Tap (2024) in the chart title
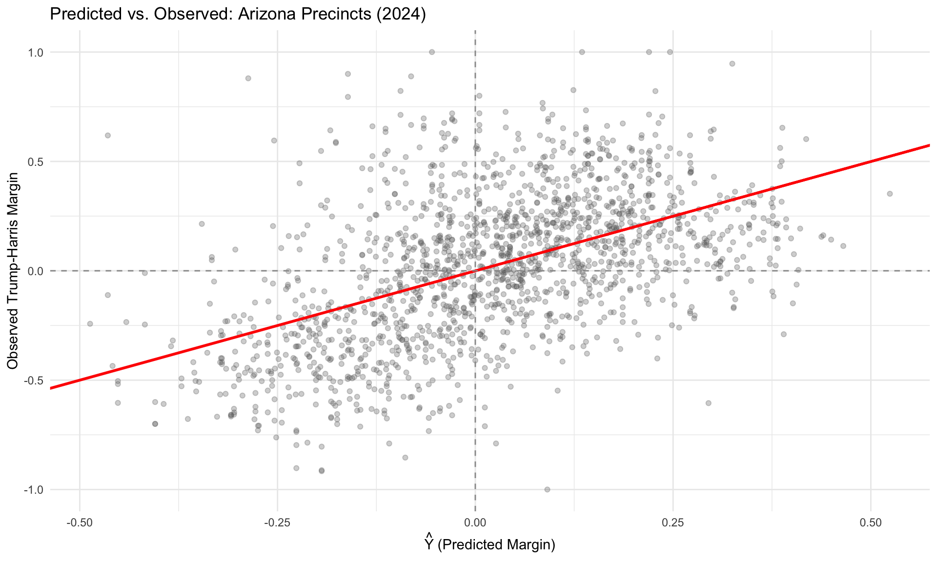pos(401,14)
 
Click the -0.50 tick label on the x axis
pos(79,523)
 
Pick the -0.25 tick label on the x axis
pos(277,523)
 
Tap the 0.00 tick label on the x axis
pos(475,523)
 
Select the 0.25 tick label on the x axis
pos(672,523)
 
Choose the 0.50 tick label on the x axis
pos(871,523)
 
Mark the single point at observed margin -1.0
pos(547,489)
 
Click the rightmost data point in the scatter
pos(890,194)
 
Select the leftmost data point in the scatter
pos(90,323)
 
